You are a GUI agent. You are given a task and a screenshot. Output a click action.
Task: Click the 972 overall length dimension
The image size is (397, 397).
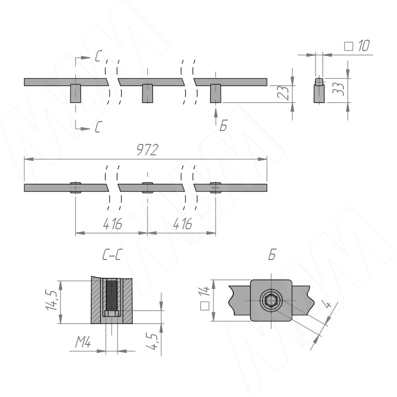tap(147, 150)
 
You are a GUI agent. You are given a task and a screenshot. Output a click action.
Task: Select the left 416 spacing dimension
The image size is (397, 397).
tap(113, 224)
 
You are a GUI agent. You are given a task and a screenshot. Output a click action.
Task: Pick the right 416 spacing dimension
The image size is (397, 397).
tap(183, 224)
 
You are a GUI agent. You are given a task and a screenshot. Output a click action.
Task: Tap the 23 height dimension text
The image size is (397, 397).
tap(283, 92)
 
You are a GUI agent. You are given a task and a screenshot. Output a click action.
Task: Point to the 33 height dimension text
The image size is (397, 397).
tap(338, 89)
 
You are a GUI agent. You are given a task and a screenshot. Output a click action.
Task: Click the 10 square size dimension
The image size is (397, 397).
tap(364, 46)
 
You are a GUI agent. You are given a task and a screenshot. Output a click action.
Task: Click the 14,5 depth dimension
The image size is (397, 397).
tap(52, 300)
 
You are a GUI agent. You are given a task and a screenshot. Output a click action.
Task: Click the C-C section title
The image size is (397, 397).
tap(111, 255)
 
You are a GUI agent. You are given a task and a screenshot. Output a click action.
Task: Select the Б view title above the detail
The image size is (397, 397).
tap(272, 255)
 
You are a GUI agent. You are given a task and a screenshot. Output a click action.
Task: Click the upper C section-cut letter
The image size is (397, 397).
tap(98, 56)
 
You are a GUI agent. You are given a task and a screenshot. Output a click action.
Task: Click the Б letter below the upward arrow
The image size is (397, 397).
tap(223, 126)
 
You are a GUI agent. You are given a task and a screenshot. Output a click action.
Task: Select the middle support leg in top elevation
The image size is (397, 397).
tap(147, 93)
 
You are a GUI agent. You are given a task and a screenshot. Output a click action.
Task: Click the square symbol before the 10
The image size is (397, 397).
tap(349, 46)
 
